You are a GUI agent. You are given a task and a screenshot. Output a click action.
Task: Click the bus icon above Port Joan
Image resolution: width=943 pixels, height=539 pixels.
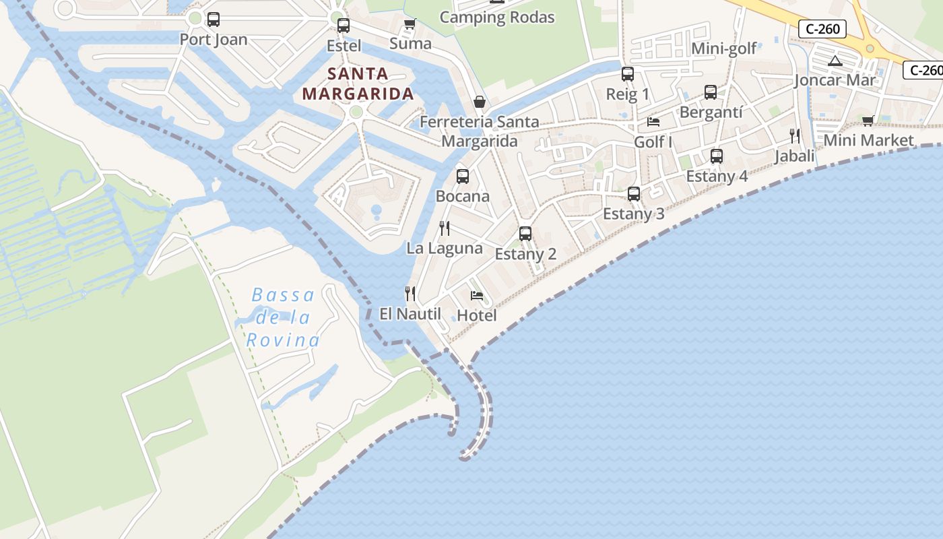coord(214,20)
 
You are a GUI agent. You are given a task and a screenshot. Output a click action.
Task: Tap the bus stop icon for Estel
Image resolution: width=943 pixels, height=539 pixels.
coord(344,26)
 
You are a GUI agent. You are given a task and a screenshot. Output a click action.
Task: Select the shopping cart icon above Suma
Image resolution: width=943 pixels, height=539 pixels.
coord(410,24)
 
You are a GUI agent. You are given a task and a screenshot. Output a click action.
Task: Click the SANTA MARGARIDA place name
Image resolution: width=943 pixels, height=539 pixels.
coord(358,84)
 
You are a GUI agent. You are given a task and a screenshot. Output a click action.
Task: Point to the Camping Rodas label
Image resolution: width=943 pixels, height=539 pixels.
coord(497,18)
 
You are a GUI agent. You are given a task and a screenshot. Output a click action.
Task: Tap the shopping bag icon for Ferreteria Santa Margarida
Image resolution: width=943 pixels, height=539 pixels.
coord(480,102)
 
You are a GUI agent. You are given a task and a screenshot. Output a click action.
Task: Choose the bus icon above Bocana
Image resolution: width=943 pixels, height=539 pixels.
coord(463,177)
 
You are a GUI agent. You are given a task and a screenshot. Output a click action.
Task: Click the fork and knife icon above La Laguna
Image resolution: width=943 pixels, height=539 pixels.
coord(445,228)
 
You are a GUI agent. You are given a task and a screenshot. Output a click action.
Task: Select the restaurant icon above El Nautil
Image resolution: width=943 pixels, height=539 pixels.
coord(410,294)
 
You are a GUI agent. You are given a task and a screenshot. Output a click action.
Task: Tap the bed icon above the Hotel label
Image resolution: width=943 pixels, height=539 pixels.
coord(477,295)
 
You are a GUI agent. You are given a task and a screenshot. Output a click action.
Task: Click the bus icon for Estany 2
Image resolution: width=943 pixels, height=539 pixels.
coord(525,234)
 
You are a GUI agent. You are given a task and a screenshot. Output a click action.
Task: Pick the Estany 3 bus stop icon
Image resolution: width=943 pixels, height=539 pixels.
coord(634,194)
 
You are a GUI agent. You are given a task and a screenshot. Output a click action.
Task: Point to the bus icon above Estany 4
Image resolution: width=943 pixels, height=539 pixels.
coord(717,156)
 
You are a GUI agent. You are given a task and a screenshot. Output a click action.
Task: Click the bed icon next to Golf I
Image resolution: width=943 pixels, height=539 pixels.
coord(653,122)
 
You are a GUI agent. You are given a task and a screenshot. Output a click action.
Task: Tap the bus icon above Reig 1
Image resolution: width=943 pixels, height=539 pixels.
coord(628,74)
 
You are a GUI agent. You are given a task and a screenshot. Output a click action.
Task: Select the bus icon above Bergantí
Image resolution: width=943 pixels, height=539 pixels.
coord(711,92)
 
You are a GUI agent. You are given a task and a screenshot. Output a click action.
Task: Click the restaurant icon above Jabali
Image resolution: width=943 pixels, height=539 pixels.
coord(795,136)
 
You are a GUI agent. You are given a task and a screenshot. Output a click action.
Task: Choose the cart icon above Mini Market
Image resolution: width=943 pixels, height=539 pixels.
coord(868,121)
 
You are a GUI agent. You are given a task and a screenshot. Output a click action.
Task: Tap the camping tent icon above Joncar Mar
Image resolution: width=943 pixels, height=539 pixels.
coord(835,61)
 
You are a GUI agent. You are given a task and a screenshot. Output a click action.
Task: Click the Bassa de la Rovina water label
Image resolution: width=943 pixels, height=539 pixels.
coord(282,317)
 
